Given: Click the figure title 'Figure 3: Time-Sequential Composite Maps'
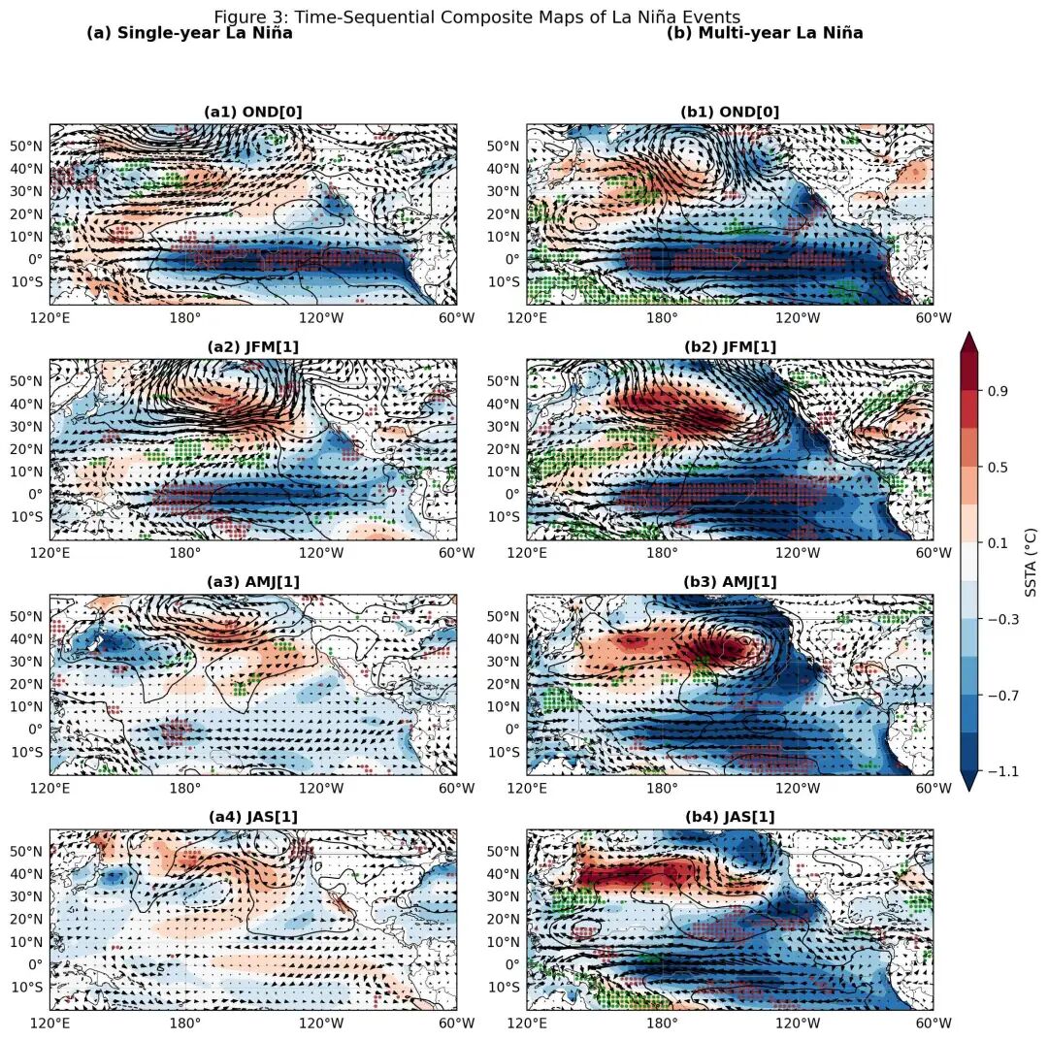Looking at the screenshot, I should tap(476, 17).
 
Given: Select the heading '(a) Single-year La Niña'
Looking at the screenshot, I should tap(189, 33).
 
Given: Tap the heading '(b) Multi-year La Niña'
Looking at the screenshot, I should tap(765, 33).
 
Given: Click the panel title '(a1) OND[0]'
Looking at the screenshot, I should tap(252, 112).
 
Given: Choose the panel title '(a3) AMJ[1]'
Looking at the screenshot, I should tap(252, 582).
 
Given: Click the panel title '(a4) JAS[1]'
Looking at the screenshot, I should tap(252, 817).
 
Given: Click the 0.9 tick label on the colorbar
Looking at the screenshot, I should tap(999, 391).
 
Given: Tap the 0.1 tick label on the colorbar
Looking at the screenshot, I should tap(999, 543).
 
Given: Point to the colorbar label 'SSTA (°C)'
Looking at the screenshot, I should tap(1032, 562).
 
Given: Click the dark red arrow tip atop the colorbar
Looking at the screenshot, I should tap(968, 340).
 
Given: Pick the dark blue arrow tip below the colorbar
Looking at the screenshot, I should tap(968, 783).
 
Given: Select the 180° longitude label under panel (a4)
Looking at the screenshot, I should tap(184, 1023).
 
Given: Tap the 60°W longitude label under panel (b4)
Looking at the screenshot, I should tap(933, 1023).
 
